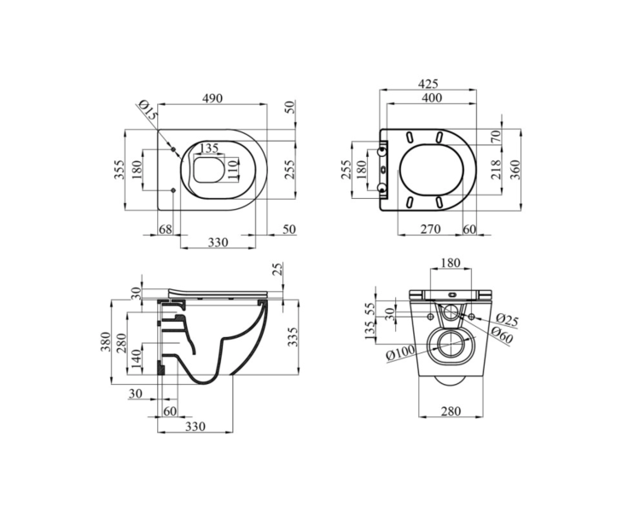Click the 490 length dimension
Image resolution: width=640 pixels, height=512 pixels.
tap(212, 98)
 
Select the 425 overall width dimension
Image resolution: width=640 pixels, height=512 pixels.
tap(428, 84)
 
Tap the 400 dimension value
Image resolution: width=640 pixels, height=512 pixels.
tap(433, 98)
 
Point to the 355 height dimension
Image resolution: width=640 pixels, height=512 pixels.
tap(119, 169)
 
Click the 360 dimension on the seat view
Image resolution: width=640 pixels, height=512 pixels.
tap(515, 169)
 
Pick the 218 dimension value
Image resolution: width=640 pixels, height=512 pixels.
tap(496, 169)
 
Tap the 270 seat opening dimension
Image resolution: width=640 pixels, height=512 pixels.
tap(431, 229)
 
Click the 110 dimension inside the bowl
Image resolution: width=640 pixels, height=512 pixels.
tap(232, 168)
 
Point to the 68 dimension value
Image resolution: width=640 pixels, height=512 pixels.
tap(166, 229)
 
